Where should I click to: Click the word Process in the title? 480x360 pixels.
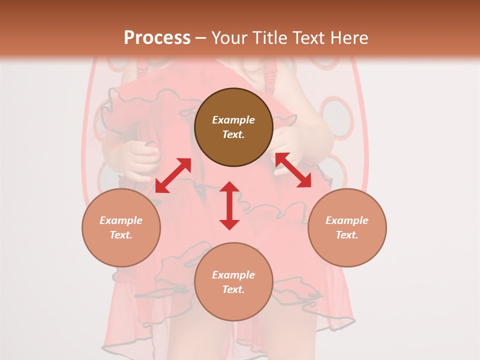[x=157, y=37]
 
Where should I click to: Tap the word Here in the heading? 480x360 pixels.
[x=349, y=37]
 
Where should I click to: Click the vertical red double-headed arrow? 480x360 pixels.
[x=229, y=205]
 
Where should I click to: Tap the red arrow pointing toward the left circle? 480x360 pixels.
[x=173, y=175]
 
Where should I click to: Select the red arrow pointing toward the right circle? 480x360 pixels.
[x=293, y=170]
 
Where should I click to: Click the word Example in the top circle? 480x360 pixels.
[x=233, y=120]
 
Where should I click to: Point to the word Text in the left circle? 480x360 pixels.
[x=121, y=235]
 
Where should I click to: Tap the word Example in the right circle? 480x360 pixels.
[x=347, y=220]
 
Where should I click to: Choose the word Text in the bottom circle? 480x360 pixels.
[x=233, y=289]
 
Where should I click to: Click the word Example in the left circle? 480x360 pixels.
[x=121, y=220]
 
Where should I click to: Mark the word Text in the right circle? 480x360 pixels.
[x=347, y=235]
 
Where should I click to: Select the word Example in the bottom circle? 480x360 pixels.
[x=233, y=275]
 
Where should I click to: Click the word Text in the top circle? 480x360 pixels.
[x=233, y=134]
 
